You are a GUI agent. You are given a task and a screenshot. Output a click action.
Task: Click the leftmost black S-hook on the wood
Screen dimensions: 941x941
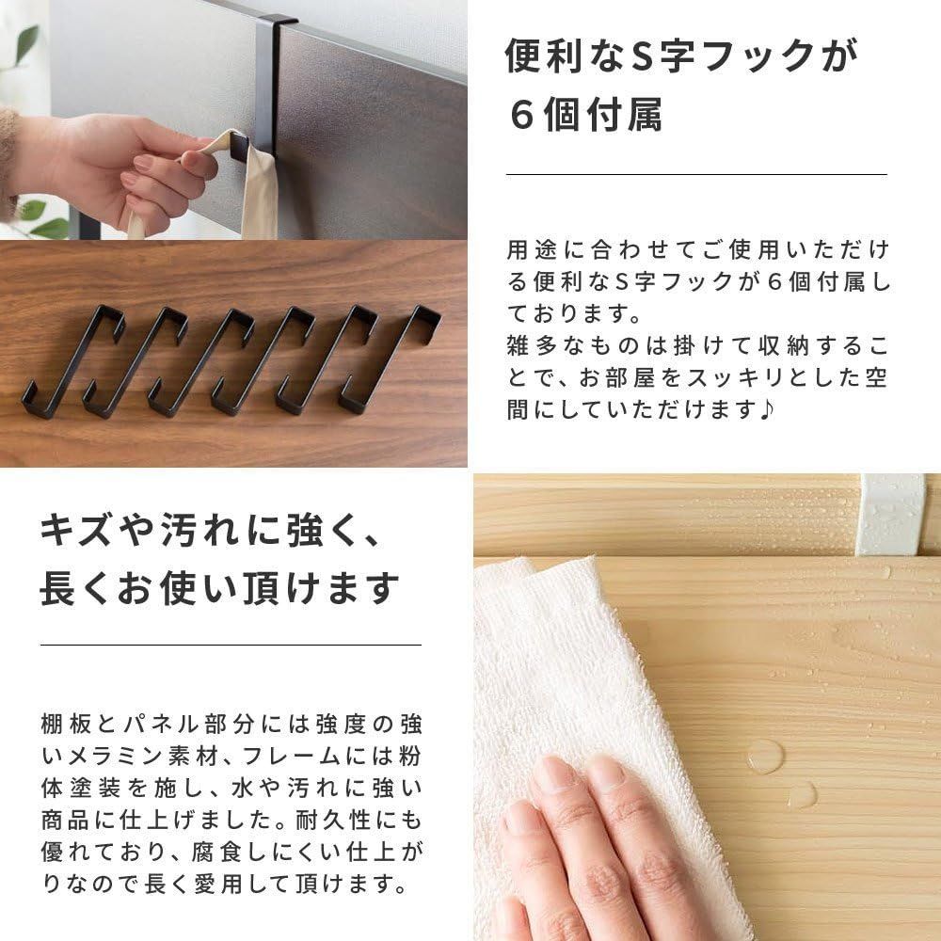pyautogui.click(x=72, y=362)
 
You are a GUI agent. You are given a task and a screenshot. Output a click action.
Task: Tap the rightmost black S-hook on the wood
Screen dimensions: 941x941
pyautogui.click(x=391, y=359)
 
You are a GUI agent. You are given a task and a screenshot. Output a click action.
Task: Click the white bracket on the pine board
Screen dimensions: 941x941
pyautogui.click(x=890, y=514)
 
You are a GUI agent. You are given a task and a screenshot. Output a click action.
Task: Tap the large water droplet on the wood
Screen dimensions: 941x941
pyautogui.click(x=764, y=756)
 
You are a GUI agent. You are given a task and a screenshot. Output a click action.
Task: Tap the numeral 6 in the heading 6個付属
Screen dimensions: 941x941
pyautogui.click(x=520, y=115)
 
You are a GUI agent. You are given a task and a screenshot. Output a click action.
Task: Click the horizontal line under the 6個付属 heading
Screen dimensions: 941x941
pyautogui.click(x=696, y=174)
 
